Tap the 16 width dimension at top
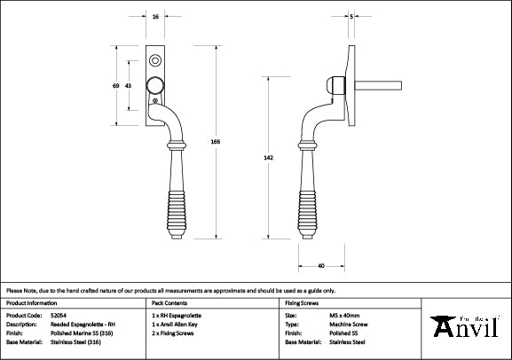pos(156,17)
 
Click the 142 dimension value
pos(281,158)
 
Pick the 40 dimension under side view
pos(319,265)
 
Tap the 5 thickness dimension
pos(352,17)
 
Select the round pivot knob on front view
pos(156,86)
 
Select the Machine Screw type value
pos(347,324)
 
